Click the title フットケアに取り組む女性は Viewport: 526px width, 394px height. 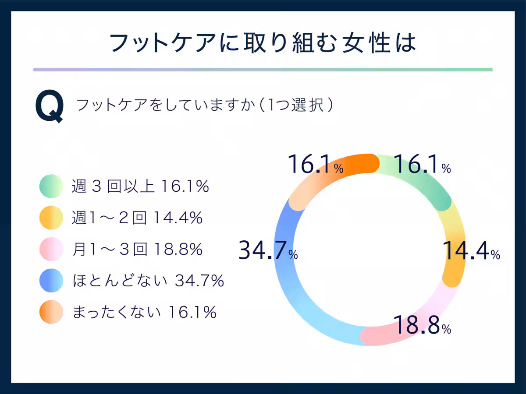point(263,43)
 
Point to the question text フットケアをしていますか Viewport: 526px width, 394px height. point(164,106)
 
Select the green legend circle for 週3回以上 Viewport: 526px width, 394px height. point(52,187)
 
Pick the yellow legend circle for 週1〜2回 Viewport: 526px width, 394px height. point(52,218)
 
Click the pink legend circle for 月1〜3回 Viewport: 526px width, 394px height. point(52,250)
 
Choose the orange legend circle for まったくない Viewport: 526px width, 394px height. point(52,312)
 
